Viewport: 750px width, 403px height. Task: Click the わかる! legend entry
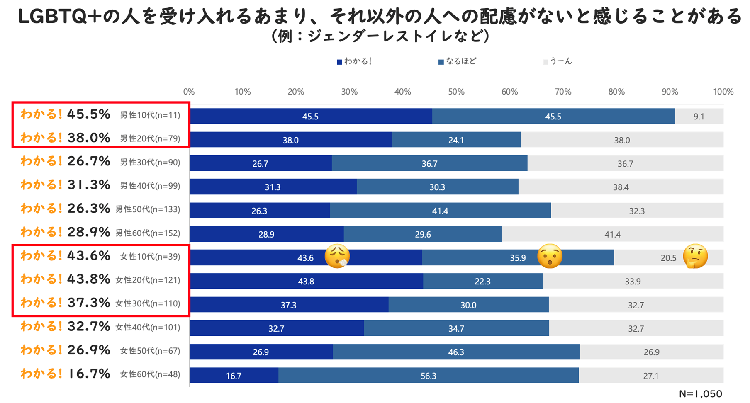[x=354, y=62]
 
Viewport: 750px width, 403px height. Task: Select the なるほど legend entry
[x=457, y=62]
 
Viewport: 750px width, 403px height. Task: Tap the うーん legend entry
[x=558, y=62]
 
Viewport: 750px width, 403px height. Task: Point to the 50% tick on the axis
[x=456, y=92]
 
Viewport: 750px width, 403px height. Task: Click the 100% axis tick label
[x=723, y=92]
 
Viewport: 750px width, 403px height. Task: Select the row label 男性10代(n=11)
[x=150, y=115]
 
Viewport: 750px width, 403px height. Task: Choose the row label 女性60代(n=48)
[x=150, y=374]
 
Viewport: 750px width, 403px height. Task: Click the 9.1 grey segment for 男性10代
[x=699, y=117]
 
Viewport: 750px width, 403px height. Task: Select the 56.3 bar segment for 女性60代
[x=429, y=376]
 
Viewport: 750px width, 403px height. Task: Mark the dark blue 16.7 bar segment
[x=234, y=376]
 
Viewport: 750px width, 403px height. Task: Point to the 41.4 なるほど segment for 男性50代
[x=440, y=211]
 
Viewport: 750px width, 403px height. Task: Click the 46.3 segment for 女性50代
[x=456, y=352]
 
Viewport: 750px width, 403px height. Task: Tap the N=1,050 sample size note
[x=700, y=393]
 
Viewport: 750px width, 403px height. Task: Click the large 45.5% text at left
[x=88, y=114]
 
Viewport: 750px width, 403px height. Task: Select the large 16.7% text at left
[x=88, y=374]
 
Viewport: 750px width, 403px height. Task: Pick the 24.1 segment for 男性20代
[x=456, y=140]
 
